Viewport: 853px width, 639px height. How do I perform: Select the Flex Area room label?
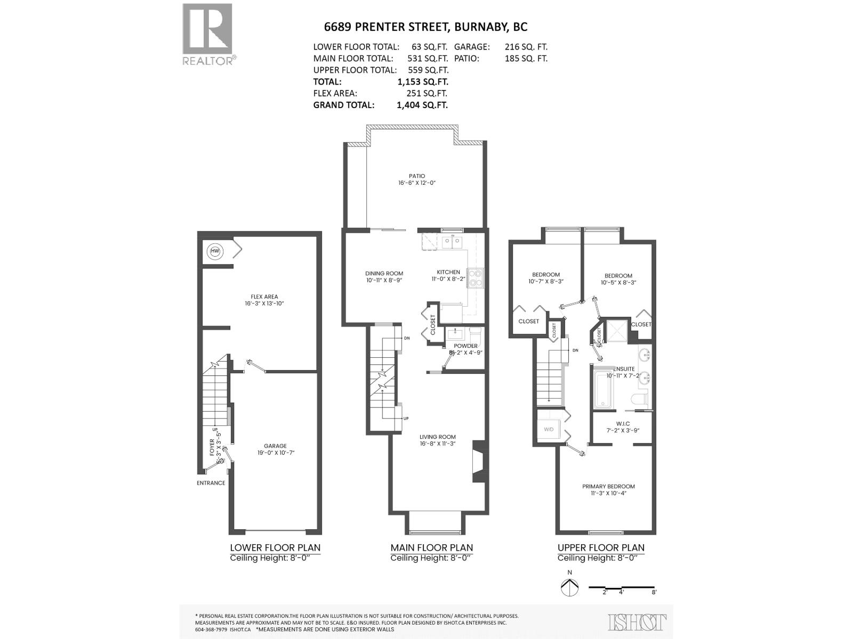click(x=264, y=300)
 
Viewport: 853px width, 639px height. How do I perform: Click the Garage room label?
click(x=275, y=449)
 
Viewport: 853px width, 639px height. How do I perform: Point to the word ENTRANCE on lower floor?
click(x=211, y=483)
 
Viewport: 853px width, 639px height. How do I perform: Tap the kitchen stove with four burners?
click(x=475, y=277)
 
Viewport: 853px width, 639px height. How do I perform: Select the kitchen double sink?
click(x=452, y=242)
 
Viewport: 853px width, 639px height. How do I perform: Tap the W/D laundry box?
click(x=549, y=429)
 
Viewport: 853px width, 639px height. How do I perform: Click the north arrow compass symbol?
click(x=569, y=587)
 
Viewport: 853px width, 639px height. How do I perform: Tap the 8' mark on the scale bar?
click(x=654, y=592)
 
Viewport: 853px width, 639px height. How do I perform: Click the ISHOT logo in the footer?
click(x=637, y=622)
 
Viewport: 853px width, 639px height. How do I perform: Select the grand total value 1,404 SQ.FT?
click(x=422, y=105)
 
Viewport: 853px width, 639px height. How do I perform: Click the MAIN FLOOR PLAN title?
click(x=431, y=547)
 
